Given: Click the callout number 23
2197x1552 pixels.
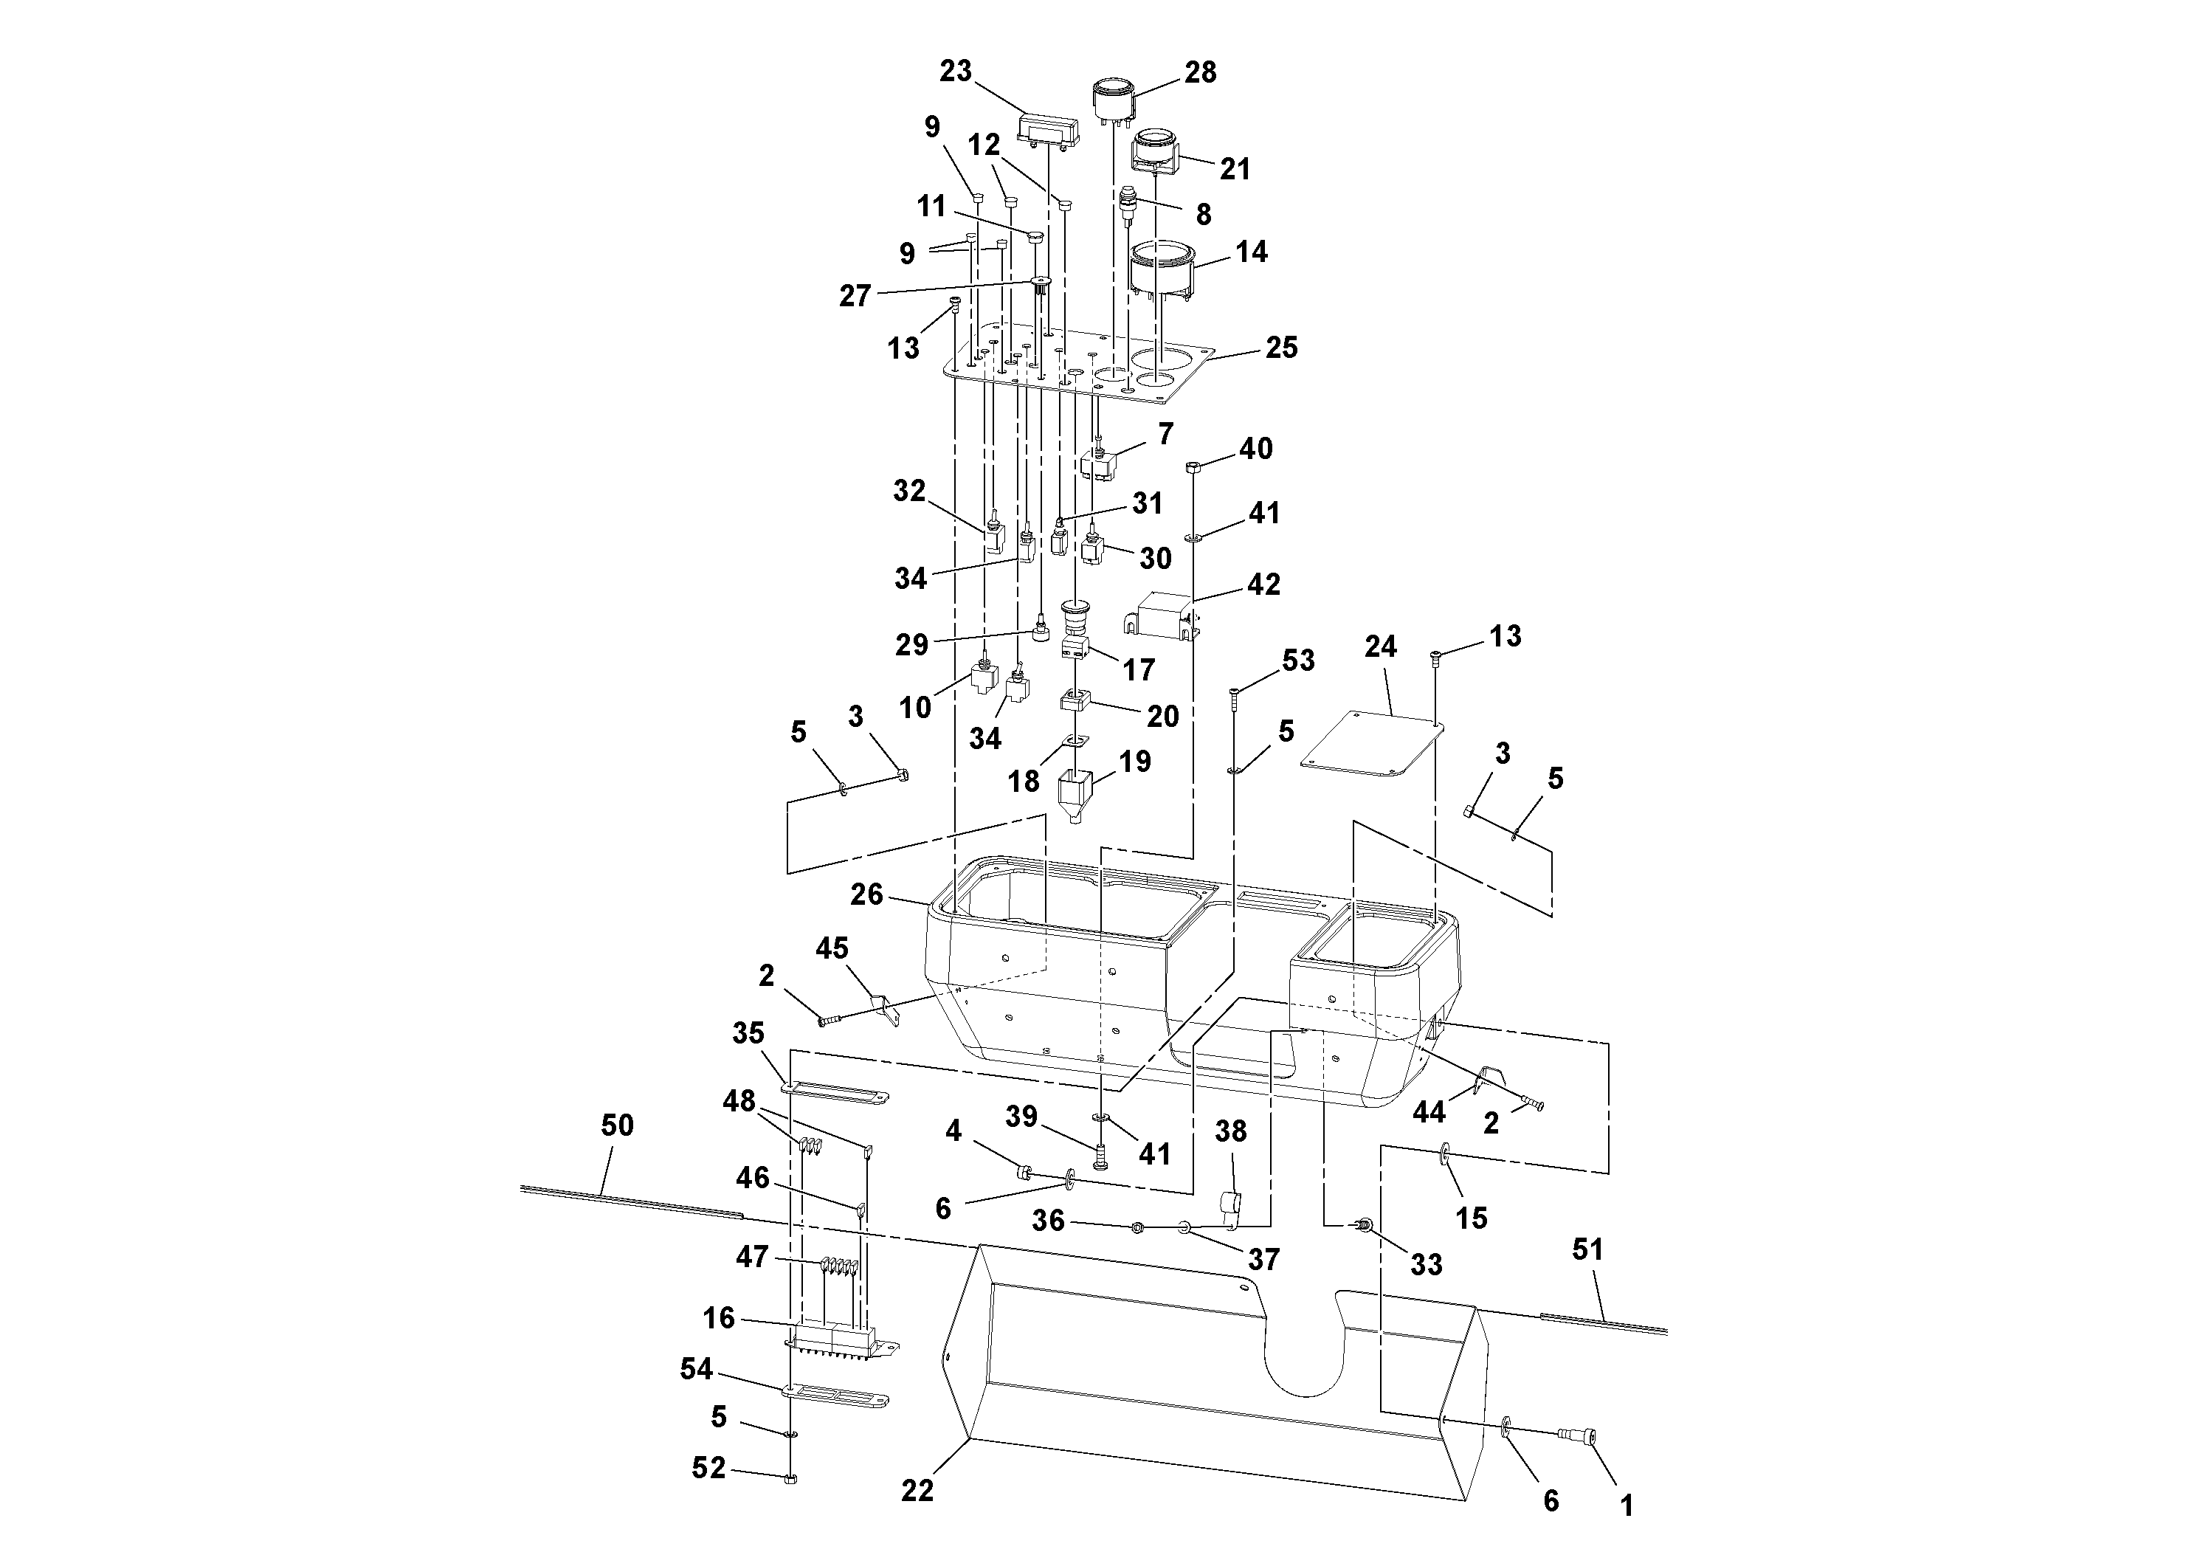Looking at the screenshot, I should pos(955,72).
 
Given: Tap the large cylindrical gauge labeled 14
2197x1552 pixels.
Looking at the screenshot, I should pos(1161,269).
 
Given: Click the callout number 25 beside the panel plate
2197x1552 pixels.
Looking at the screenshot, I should pos(1281,348).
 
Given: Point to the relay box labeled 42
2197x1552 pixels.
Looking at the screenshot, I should pos(1164,614).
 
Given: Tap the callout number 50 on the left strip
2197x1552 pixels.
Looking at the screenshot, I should pos(617,1125).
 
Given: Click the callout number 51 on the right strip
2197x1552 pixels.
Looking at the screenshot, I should pos(1587,1249).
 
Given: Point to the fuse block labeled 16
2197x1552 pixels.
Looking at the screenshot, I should pos(835,1340).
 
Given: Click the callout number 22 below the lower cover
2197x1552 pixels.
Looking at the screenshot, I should pos(917,1490).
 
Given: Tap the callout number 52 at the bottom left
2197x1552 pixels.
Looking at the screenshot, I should pos(708,1468).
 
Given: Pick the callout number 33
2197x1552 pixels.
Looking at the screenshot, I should pos(1426,1264).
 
